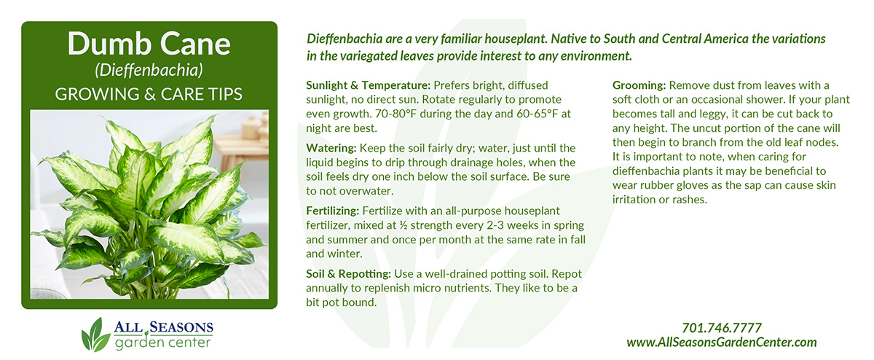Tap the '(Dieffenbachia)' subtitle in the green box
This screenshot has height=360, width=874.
[149, 70]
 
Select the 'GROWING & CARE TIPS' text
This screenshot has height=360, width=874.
[149, 94]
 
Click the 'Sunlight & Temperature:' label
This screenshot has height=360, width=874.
[368, 85]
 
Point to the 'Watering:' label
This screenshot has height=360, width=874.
[331, 149]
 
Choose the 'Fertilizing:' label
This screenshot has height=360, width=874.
[332, 211]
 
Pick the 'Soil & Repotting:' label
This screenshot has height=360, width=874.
[348, 274]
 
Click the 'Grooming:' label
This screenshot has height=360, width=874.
[639, 85]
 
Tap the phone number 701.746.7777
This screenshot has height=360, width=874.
[722, 328]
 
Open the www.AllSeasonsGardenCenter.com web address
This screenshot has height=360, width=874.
[722, 343]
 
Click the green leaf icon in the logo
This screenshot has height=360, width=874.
[95, 335]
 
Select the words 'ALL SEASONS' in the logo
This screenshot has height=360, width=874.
[163, 326]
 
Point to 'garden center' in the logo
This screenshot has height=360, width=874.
[162, 343]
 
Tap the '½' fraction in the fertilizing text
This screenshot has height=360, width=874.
[403, 225]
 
